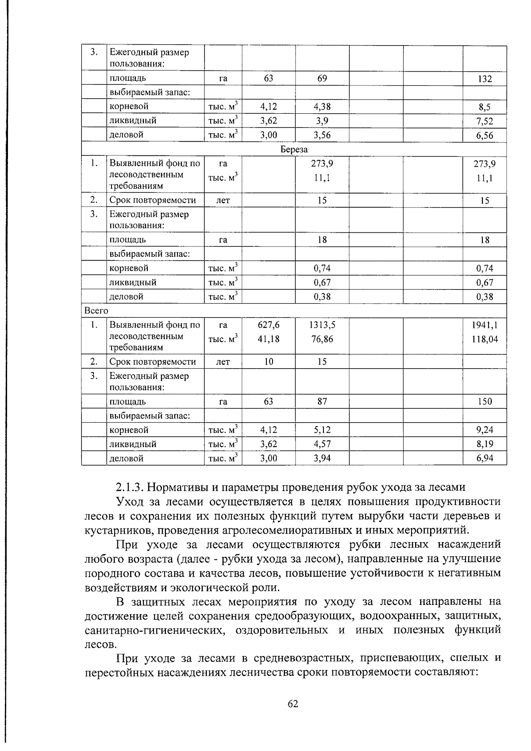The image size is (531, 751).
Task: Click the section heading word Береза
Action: pyautogui.click(x=294, y=150)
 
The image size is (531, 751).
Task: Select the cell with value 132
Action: pyautogui.click(x=485, y=79)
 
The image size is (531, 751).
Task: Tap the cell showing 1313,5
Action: pyautogui.click(x=322, y=325)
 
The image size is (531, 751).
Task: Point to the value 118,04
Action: pyautogui.click(x=485, y=339)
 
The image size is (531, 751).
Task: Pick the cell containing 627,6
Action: pyautogui.click(x=269, y=325)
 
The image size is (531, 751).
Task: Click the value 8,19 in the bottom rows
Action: pyautogui.click(x=485, y=444)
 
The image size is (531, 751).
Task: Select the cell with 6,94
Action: pyautogui.click(x=485, y=458)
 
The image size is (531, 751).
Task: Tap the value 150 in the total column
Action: pyautogui.click(x=485, y=401)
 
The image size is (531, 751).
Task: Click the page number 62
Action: pyautogui.click(x=293, y=704)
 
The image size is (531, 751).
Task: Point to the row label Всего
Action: pyautogui.click(x=96, y=311)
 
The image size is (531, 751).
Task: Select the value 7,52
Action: pyautogui.click(x=485, y=121)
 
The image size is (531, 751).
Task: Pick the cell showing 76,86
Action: pyautogui.click(x=322, y=339)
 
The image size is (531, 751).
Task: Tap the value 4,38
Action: pyautogui.click(x=322, y=106)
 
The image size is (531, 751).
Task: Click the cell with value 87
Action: pyautogui.click(x=322, y=401)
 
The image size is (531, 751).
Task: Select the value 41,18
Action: pyautogui.click(x=269, y=339)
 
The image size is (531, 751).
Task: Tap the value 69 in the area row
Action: pyautogui.click(x=322, y=78)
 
